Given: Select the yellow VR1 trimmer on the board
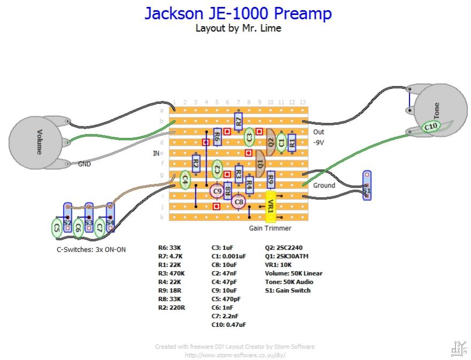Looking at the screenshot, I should click(270, 206).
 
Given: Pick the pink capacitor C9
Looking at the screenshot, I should click(216, 190).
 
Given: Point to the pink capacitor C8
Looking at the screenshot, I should click(238, 202).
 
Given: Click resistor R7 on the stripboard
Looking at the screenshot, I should click(238, 121).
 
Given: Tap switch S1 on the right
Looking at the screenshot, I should click(367, 185).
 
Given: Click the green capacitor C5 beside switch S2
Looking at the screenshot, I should click(56, 228).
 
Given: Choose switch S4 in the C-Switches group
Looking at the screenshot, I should click(110, 217).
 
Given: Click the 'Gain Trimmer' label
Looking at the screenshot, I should click(270, 228).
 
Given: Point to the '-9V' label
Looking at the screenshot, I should click(319, 142).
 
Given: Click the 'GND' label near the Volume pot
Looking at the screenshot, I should click(85, 164).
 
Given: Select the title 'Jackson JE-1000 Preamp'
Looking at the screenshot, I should click(238, 13).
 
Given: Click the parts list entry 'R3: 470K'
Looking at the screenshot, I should click(171, 273).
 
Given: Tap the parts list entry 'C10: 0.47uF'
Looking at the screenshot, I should click(229, 325).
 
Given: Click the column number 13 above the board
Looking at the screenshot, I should click(302, 102).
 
